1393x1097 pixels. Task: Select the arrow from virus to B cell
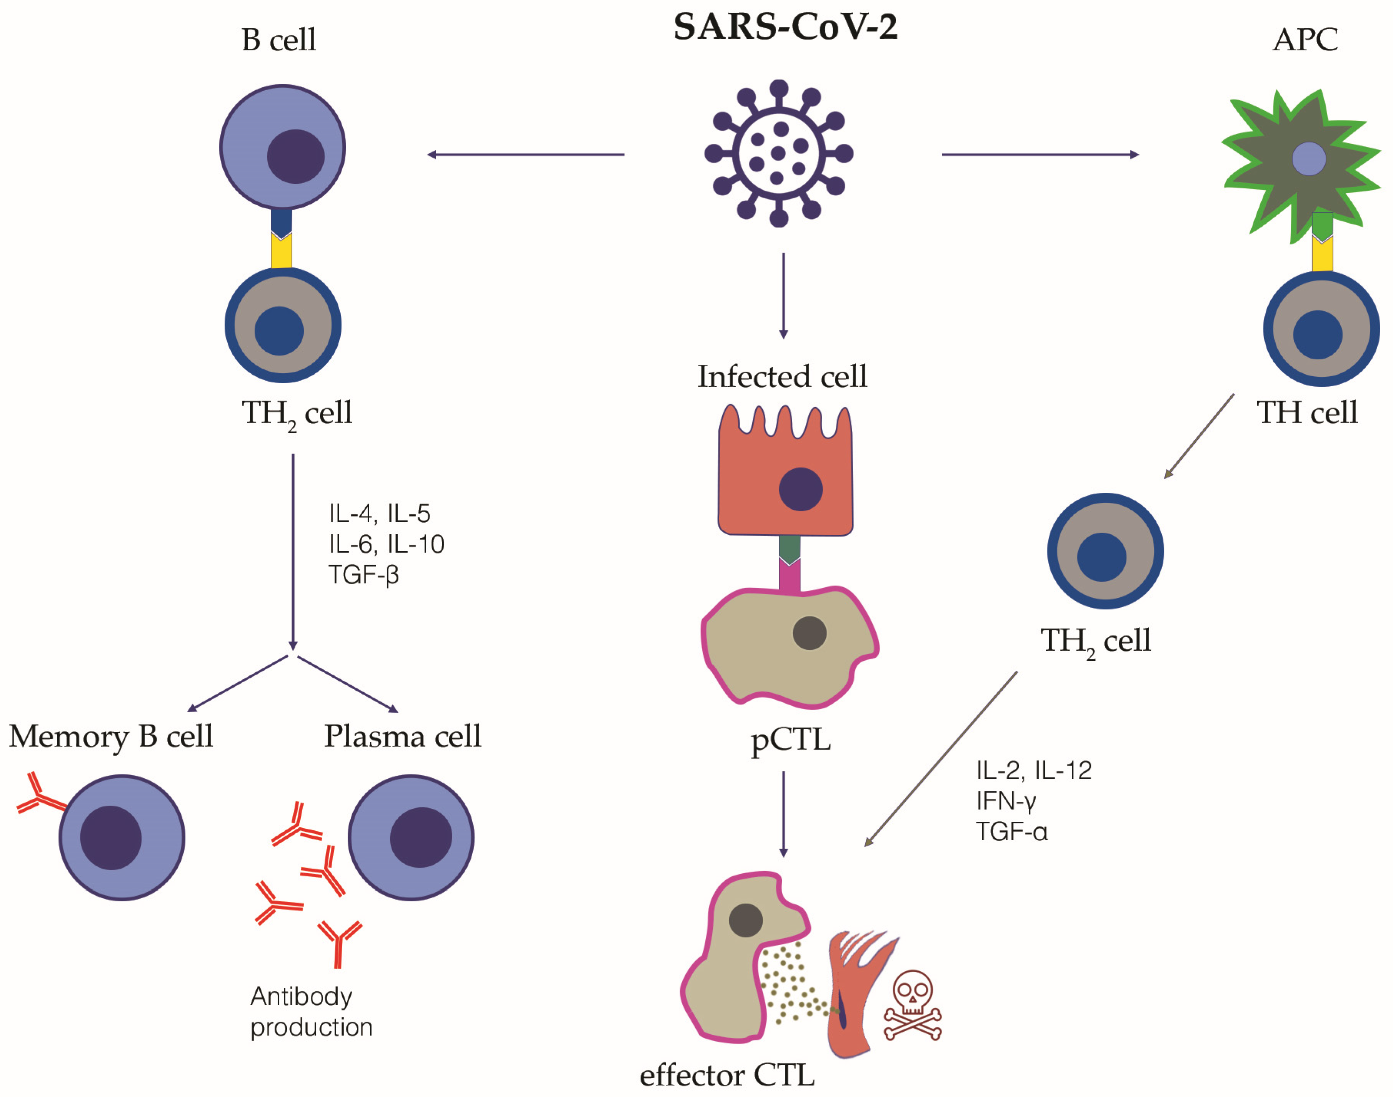526,154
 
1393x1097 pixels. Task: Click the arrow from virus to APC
1040,154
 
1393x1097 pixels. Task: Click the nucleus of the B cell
296,156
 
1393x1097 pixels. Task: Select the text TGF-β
364,574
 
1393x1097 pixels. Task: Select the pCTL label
790,740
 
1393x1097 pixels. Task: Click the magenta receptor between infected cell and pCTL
789,575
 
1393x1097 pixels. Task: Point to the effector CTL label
727,1075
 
